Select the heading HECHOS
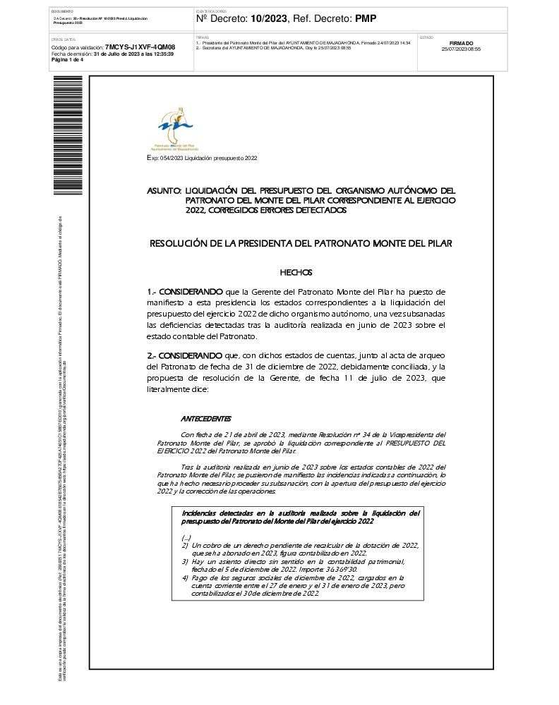[x=296, y=272]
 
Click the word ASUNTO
[x=164, y=191]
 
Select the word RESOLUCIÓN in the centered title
[x=179, y=243]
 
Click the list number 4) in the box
[x=185, y=577]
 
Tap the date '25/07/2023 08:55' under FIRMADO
[x=461, y=49]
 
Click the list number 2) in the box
[x=185, y=546]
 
